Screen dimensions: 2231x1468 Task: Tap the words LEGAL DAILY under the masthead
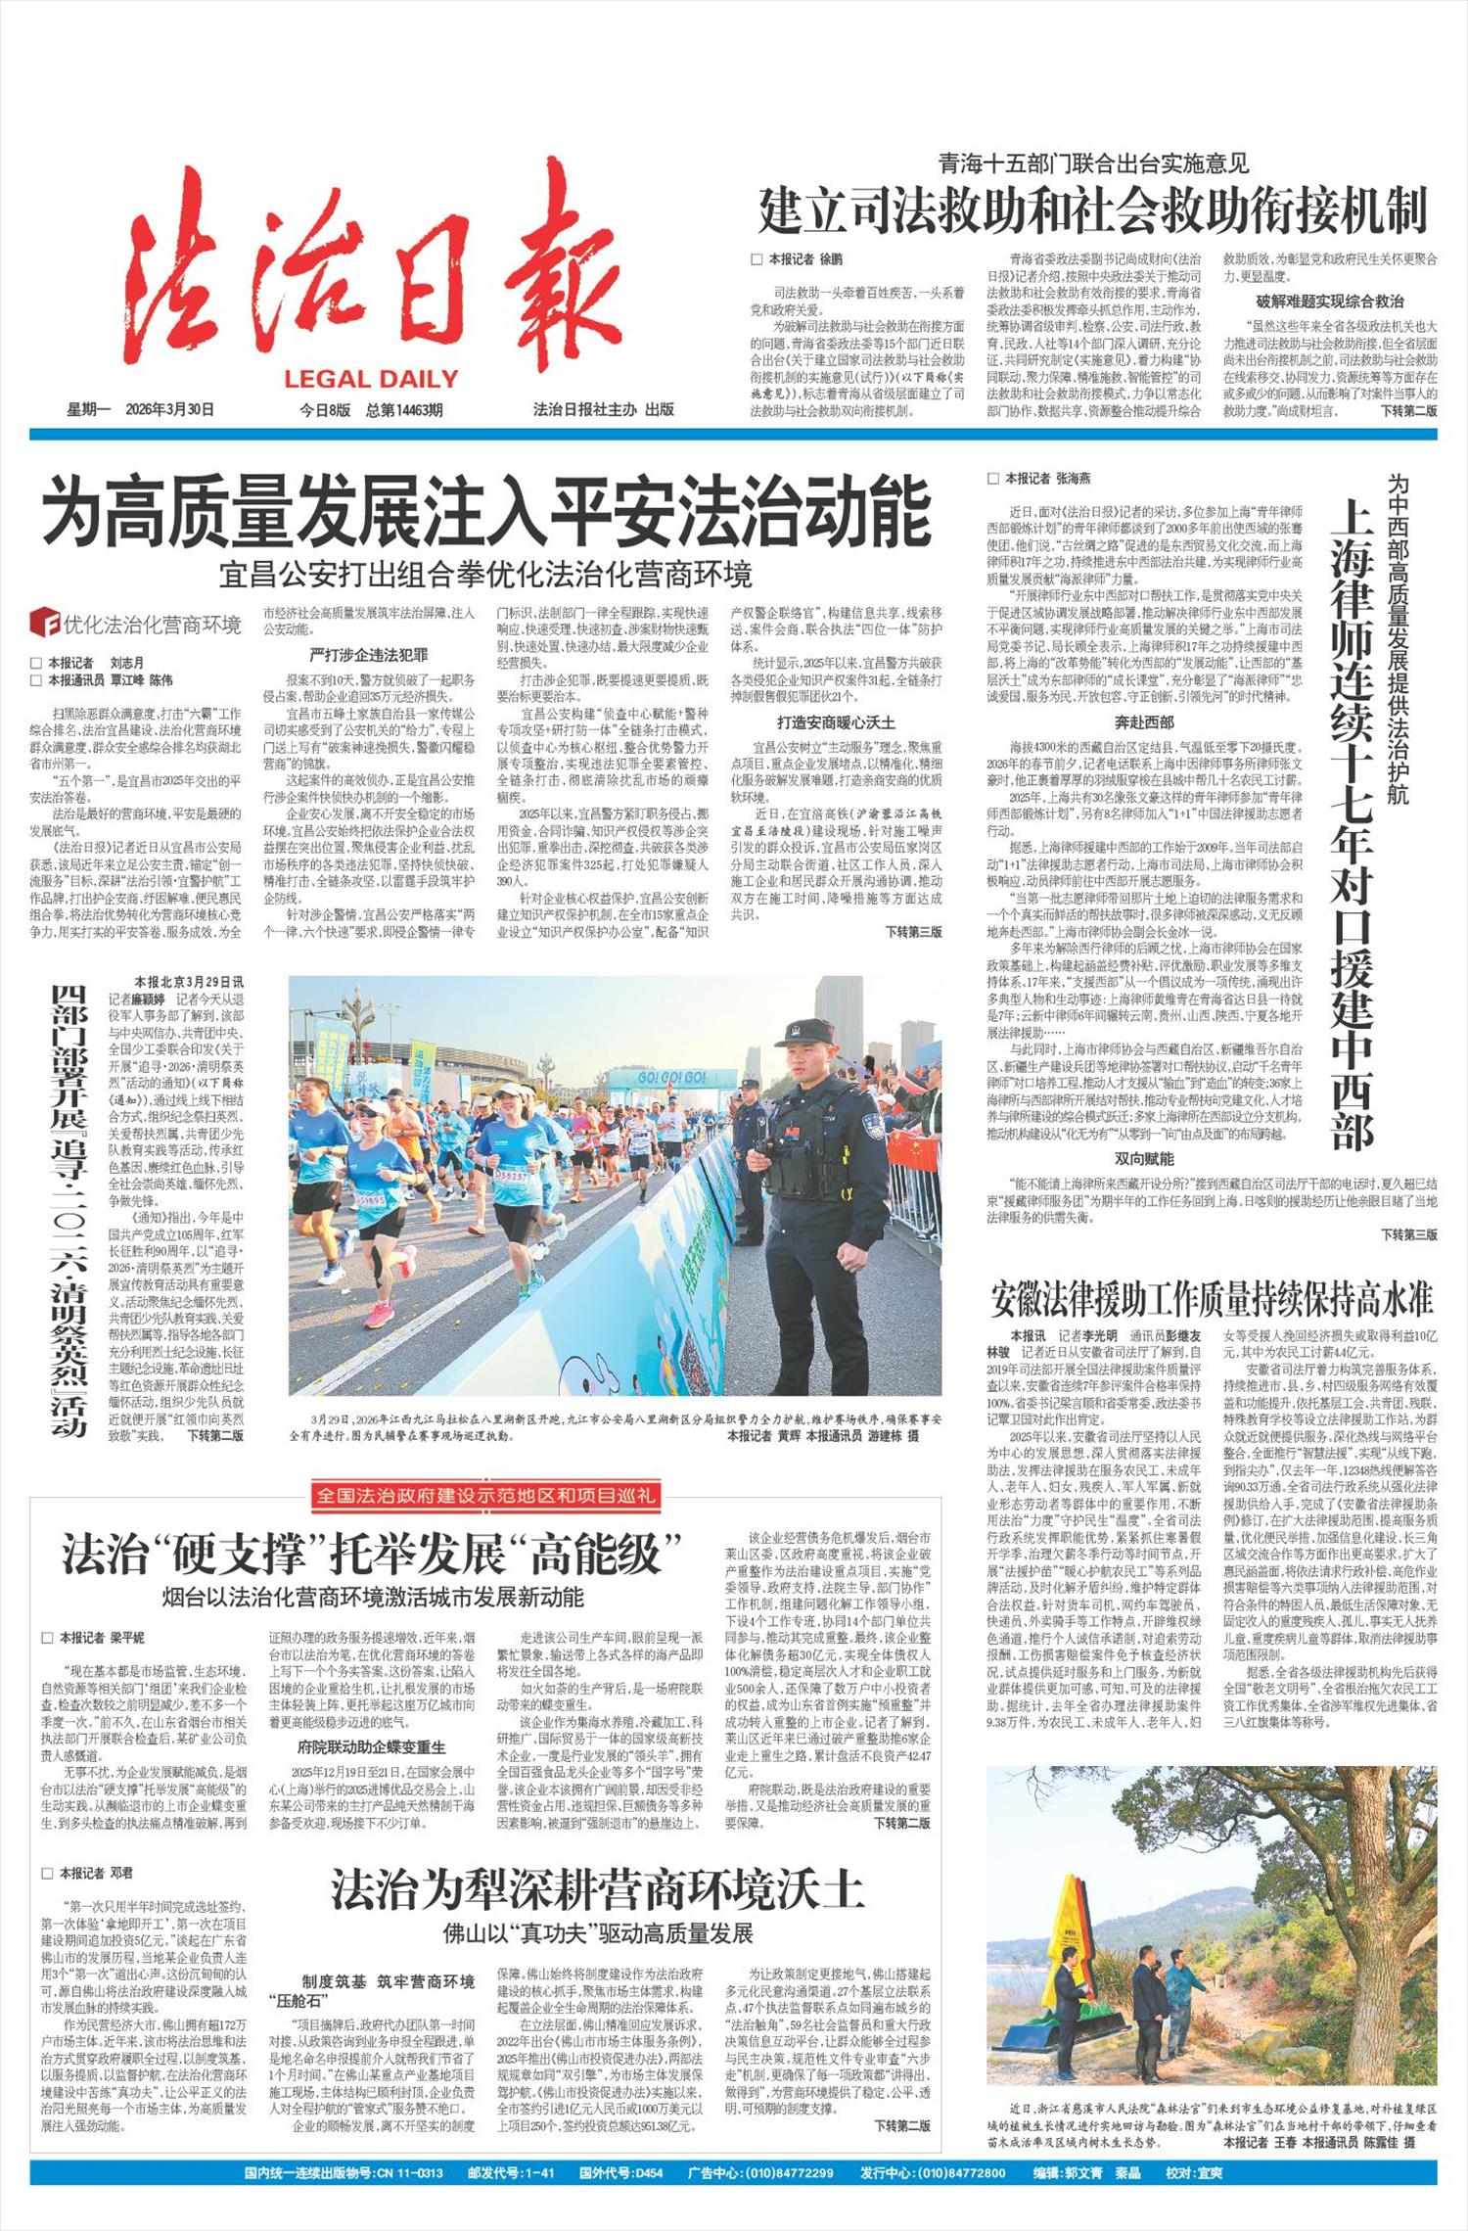pos(371,379)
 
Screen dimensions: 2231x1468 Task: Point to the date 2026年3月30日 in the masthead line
pos(169,410)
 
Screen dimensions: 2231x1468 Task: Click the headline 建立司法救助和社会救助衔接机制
pos(1093,211)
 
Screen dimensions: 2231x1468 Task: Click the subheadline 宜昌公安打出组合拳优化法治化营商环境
pos(485,574)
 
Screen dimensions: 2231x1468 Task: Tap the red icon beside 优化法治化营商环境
pos(44,623)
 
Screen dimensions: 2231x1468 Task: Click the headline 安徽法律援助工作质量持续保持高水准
pos(1212,1299)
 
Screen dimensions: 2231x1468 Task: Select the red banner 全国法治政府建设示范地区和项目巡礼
pos(485,1495)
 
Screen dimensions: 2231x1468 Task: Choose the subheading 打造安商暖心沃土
pos(836,722)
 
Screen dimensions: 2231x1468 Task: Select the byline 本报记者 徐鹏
pos(796,259)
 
